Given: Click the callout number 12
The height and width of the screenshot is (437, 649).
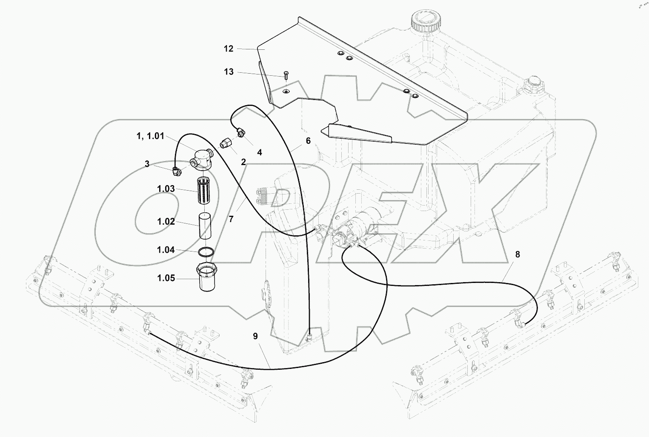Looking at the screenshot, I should (x=229, y=49).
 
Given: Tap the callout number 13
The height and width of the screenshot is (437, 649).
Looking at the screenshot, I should (x=229, y=72).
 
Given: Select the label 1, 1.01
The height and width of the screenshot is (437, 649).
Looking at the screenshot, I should (x=149, y=136).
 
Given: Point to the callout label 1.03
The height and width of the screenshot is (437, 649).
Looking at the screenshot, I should (x=166, y=189).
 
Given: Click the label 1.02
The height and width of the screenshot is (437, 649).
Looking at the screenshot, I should (x=166, y=221).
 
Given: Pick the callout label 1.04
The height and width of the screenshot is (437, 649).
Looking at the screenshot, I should (x=166, y=250).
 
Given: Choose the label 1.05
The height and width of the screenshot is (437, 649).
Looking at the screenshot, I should (x=166, y=278).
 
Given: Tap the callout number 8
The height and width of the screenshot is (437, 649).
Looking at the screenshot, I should (x=517, y=254).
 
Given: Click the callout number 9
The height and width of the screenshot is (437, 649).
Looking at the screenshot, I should (x=255, y=336).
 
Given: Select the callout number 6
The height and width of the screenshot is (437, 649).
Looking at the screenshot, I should (x=308, y=141).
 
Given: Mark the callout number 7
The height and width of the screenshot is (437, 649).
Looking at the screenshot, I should (x=231, y=219).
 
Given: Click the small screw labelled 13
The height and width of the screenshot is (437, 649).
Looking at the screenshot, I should (x=286, y=76).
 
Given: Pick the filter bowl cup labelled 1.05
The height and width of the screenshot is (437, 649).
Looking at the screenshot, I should (x=206, y=278).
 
